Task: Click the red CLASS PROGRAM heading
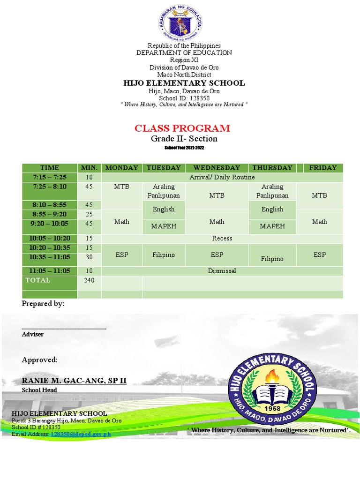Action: coord(182,128)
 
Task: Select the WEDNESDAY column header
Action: coord(217,168)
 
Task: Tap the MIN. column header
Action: coord(89,168)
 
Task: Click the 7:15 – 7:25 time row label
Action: coord(50,177)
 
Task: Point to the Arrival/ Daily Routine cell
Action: coord(222,177)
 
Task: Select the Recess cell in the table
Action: coord(222,238)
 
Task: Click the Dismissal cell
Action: coord(222,271)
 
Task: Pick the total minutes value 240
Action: coord(89,280)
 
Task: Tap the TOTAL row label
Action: coord(38,280)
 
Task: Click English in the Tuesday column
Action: coord(164,209)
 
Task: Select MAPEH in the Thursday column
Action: coord(272,226)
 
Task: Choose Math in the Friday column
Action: coord(319,221)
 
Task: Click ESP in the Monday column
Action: coord(122,255)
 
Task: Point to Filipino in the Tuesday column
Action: coord(164,255)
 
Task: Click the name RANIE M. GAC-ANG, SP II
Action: coord(74,380)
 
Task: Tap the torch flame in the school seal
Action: coord(272,375)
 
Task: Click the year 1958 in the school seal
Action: coord(272,408)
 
